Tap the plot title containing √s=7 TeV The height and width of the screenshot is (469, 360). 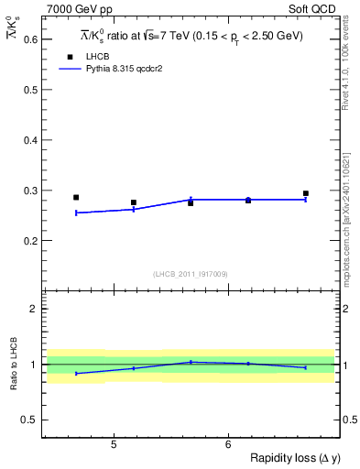191,36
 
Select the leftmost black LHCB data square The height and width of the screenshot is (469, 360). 76,197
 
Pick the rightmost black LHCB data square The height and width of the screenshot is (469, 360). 306,193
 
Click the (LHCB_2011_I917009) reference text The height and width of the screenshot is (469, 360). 191,274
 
